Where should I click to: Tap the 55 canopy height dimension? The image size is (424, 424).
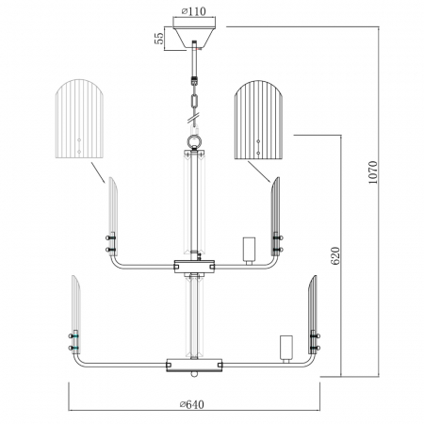(161, 37)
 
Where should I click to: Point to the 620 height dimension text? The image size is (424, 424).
(336, 255)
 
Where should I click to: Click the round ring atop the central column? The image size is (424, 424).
(194, 139)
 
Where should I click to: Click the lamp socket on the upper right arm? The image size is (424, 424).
(250, 249)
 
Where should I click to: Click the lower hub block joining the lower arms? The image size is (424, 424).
(194, 363)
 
